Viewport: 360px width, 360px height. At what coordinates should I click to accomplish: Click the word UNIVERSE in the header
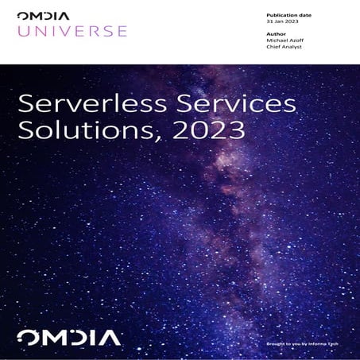coord(72,31)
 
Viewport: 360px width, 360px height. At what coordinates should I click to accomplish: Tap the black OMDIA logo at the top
coord(45,15)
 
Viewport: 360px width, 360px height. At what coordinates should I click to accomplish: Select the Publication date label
coord(288,15)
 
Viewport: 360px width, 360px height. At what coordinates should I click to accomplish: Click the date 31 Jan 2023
coord(281,22)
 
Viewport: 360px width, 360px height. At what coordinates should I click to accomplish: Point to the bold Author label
coord(274,33)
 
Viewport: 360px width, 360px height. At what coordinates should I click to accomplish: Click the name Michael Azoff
coord(285,41)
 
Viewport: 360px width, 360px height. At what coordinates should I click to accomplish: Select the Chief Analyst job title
coord(283,47)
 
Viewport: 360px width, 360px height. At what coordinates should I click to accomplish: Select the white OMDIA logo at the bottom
coord(69,337)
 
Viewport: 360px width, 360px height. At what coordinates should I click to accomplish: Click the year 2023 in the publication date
coord(290,22)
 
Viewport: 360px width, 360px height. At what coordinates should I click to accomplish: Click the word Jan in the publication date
coord(278,22)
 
